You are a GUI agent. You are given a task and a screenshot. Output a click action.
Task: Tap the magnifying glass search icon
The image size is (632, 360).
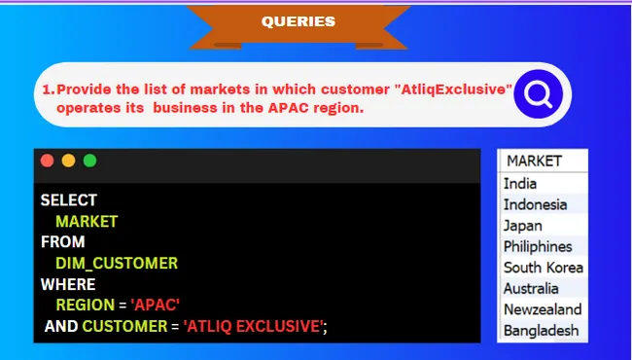(537, 93)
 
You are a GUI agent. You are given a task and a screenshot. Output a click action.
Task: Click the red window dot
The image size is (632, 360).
(47, 161)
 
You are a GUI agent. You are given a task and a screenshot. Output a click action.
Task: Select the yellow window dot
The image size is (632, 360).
(68, 161)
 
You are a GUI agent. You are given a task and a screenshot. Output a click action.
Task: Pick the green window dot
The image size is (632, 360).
(89, 161)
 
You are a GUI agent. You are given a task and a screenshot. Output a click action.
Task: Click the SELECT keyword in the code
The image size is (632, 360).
(68, 200)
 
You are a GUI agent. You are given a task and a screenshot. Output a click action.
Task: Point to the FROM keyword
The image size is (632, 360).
(62, 241)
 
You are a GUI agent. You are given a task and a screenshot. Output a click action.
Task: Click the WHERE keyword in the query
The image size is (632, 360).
(67, 284)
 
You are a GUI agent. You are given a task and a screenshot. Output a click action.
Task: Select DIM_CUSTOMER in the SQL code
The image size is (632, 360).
(117, 263)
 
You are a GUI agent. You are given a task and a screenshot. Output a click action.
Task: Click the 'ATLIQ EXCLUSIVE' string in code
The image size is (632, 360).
(253, 327)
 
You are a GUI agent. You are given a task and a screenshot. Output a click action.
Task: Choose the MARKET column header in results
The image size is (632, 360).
(534, 162)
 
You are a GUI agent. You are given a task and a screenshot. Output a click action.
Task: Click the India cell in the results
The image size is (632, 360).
(520, 183)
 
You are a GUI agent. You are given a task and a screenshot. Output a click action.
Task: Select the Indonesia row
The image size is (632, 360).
(535, 204)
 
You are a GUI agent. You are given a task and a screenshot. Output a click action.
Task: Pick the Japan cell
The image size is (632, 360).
(523, 226)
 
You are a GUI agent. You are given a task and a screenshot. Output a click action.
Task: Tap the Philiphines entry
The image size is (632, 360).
(538, 246)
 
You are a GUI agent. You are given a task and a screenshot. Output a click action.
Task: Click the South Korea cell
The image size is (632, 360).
(543, 268)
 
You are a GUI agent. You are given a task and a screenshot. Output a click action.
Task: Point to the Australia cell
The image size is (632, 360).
(531, 289)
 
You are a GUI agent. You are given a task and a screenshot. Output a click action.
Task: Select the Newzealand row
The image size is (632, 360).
(543, 309)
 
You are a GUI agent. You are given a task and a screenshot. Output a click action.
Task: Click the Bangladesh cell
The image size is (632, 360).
(541, 331)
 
